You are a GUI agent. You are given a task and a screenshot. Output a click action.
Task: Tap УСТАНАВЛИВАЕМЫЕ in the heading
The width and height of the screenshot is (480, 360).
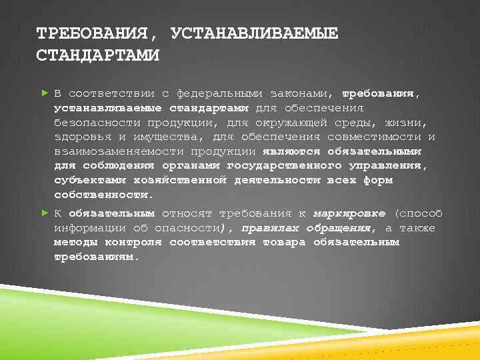tap(254, 33)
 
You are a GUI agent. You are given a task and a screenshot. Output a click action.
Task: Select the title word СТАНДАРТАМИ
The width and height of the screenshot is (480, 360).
tap(97, 55)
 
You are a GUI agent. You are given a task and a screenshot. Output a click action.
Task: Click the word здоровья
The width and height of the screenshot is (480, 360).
tap(83, 137)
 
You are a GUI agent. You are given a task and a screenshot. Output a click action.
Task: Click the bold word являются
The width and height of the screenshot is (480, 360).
tap(291, 151)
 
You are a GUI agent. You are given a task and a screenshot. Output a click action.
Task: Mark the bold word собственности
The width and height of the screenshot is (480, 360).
tap(104, 195)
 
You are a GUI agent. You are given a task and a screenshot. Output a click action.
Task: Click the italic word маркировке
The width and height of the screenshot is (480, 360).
tap(349, 213)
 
